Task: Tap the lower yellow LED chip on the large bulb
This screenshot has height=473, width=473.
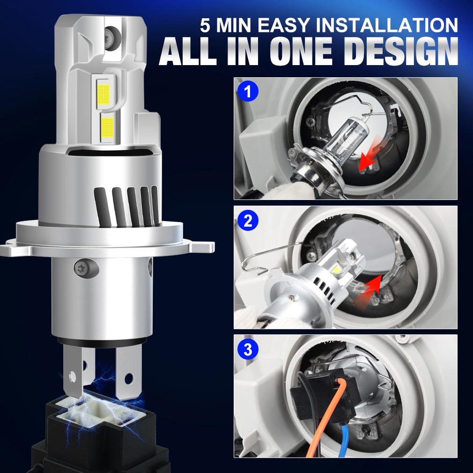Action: pos(107,125)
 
